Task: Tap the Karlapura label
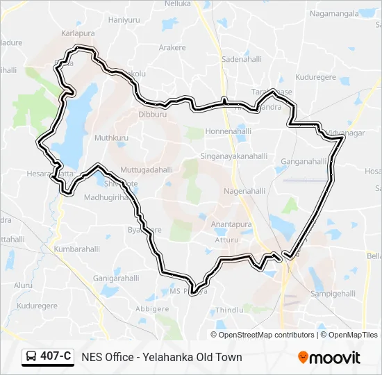click(x=78, y=33)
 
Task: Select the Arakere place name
click(x=172, y=47)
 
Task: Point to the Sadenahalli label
click(x=240, y=60)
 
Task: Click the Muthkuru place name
click(x=112, y=138)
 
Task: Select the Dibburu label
click(x=153, y=114)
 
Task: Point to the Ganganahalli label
click(x=304, y=161)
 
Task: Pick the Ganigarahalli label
click(x=116, y=278)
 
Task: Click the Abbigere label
click(x=151, y=308)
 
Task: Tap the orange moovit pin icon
click(x=303, y=358)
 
